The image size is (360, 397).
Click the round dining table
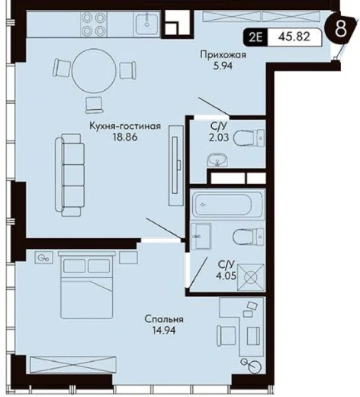tap(94, 70)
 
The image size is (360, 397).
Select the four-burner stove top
tap(94, 24)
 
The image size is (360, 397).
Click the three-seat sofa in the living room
tap(69, 176)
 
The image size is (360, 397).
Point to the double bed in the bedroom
tap(86, 285)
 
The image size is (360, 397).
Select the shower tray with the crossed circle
tap(250, 277)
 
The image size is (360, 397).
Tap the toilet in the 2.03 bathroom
tap(249, 138)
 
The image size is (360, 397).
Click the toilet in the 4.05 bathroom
tap(249, 237)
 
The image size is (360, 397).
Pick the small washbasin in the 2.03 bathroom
tap(217, 160)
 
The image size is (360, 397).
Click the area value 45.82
tap(294, 37)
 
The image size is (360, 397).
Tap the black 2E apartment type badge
tap(256, 37)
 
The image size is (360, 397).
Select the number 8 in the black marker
tap(340, 29)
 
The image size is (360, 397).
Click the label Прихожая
tap(223, 55)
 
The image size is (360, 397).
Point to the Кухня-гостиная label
tap(125, 126)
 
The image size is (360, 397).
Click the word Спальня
tap(164, 319)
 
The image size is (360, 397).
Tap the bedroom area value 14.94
tap(164, 331)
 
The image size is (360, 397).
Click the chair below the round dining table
tap(95, 105)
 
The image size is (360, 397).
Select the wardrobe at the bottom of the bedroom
tap(73, 365)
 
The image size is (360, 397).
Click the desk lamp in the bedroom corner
tap(252, 366)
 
